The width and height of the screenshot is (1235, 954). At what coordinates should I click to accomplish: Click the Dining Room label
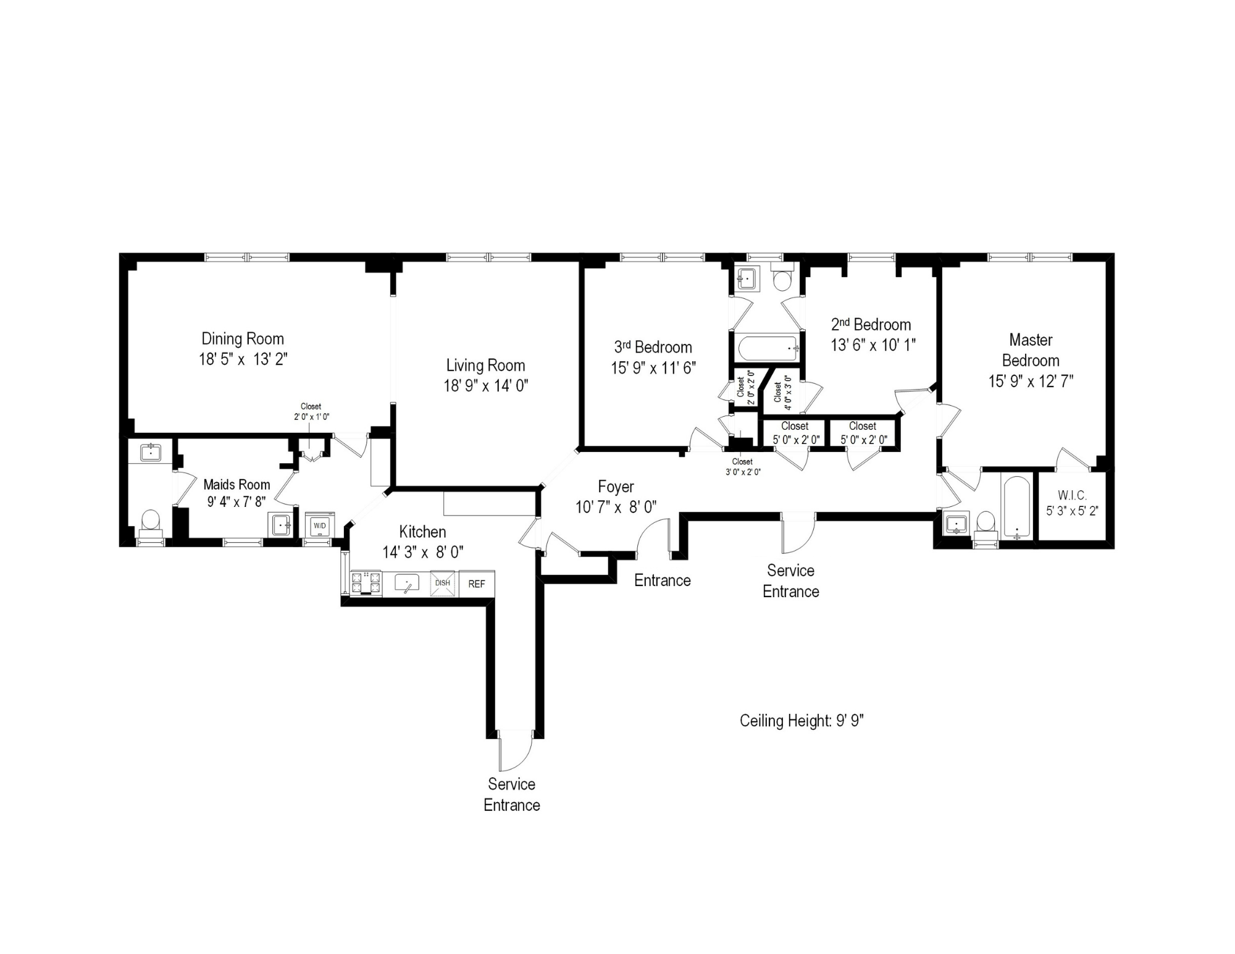(243, 338)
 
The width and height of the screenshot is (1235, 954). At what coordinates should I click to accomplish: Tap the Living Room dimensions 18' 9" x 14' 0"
(485, 386)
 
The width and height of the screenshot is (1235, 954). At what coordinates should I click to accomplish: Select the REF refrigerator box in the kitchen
(477, 584)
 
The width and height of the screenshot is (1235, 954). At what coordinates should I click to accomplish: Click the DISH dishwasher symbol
(443, 584)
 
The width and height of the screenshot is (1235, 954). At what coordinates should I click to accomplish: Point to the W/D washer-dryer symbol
(320, 525)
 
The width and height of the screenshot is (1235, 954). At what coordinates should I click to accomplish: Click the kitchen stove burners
(366, 583)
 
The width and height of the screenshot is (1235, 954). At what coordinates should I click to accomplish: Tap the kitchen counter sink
(407, 583)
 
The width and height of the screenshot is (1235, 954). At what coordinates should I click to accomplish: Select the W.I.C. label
(1072, 495)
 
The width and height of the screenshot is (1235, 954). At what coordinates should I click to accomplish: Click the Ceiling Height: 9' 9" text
(802, 721)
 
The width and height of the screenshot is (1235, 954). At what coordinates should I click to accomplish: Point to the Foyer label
(616, 487)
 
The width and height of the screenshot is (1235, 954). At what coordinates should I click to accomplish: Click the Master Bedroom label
(1031, 350)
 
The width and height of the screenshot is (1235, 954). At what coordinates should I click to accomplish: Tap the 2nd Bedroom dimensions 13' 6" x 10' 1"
(873, 345)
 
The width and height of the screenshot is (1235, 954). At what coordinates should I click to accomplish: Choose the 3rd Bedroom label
(653, 347)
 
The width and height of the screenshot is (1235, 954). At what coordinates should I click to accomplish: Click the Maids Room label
(237, 485)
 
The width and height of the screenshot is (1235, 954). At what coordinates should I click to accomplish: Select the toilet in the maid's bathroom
(151, 522)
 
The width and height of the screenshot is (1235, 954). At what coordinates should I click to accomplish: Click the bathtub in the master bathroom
(1016, 506)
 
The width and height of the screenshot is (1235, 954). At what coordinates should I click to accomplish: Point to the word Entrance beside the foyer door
(662, 580)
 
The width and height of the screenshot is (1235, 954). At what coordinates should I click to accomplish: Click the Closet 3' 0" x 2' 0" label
(742, 467)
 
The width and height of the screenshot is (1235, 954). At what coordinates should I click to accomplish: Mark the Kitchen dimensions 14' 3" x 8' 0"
(422, 552)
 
